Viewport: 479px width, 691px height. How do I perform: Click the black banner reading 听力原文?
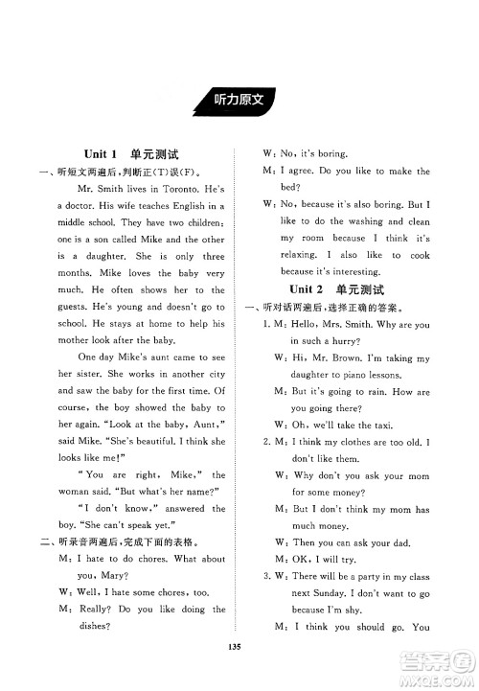tap(239, 99)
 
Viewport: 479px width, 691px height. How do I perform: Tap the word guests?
tap(76, 307)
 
